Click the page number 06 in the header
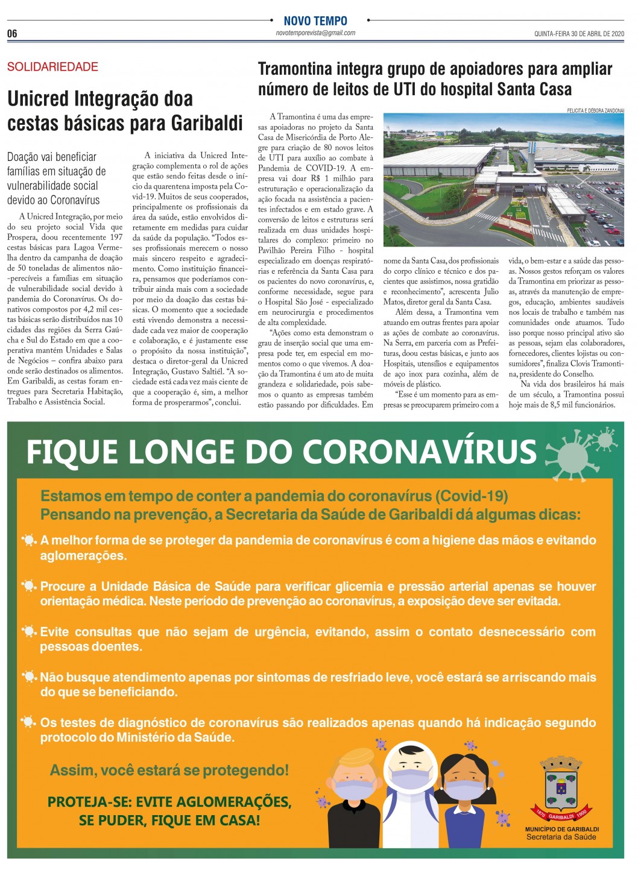tap(13, 34)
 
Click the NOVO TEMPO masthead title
tap(315, 20)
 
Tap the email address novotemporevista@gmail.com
tap(315, 33)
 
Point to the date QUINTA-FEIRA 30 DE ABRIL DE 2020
tap(579, 34)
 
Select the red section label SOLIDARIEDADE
tap(52, 67)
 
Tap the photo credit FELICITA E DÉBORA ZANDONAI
tap(595, 110)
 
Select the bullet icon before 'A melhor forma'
tap(28, 540)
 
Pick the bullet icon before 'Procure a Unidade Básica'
tap(28, 586)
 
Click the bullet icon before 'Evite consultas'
tap(28, 632)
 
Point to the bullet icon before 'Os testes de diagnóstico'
tap(28, 722)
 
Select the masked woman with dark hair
tap(464, 796)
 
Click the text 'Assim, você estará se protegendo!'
tap(169, 770)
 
